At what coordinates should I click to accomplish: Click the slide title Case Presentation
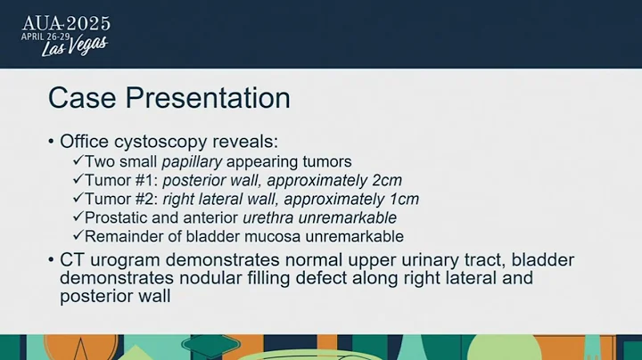pyautogui.click(x=169, y=97)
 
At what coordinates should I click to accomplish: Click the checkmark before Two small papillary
pyautogui.click(x=78, y=161)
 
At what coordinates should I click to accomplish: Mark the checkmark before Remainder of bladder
pyautogui.click(x=78, y=236)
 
